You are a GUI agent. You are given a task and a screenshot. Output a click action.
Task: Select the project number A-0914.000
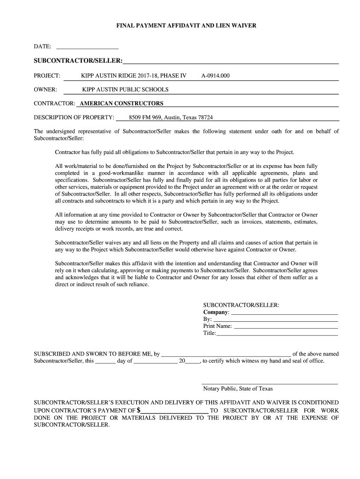[215, 75]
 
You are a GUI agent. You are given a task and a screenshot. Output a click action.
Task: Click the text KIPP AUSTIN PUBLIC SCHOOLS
[125, 89]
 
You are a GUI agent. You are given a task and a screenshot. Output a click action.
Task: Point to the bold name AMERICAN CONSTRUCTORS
[122, 103]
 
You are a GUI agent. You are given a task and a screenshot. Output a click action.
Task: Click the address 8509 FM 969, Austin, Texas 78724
[171, 117]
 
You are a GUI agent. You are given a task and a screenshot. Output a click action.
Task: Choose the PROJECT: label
[47, 75]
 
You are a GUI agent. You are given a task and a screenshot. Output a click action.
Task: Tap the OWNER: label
[45, 89]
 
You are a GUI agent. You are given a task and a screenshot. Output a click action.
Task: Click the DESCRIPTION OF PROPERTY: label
[74, 117]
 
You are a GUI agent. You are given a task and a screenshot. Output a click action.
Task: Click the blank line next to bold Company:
[284, 312]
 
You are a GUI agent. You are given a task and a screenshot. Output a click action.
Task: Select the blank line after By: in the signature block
[275, 319]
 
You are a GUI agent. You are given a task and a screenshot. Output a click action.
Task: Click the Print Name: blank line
[285, 327]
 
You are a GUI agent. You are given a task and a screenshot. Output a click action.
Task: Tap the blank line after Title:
[277, 334]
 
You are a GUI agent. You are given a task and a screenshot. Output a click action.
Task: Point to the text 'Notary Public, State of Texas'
[238, 389]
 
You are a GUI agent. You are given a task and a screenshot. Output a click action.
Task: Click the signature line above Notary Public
[270, 384]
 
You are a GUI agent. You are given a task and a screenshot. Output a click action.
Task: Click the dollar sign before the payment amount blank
[138, 411]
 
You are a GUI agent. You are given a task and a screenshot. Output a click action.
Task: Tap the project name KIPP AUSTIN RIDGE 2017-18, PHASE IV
[134, 75]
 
